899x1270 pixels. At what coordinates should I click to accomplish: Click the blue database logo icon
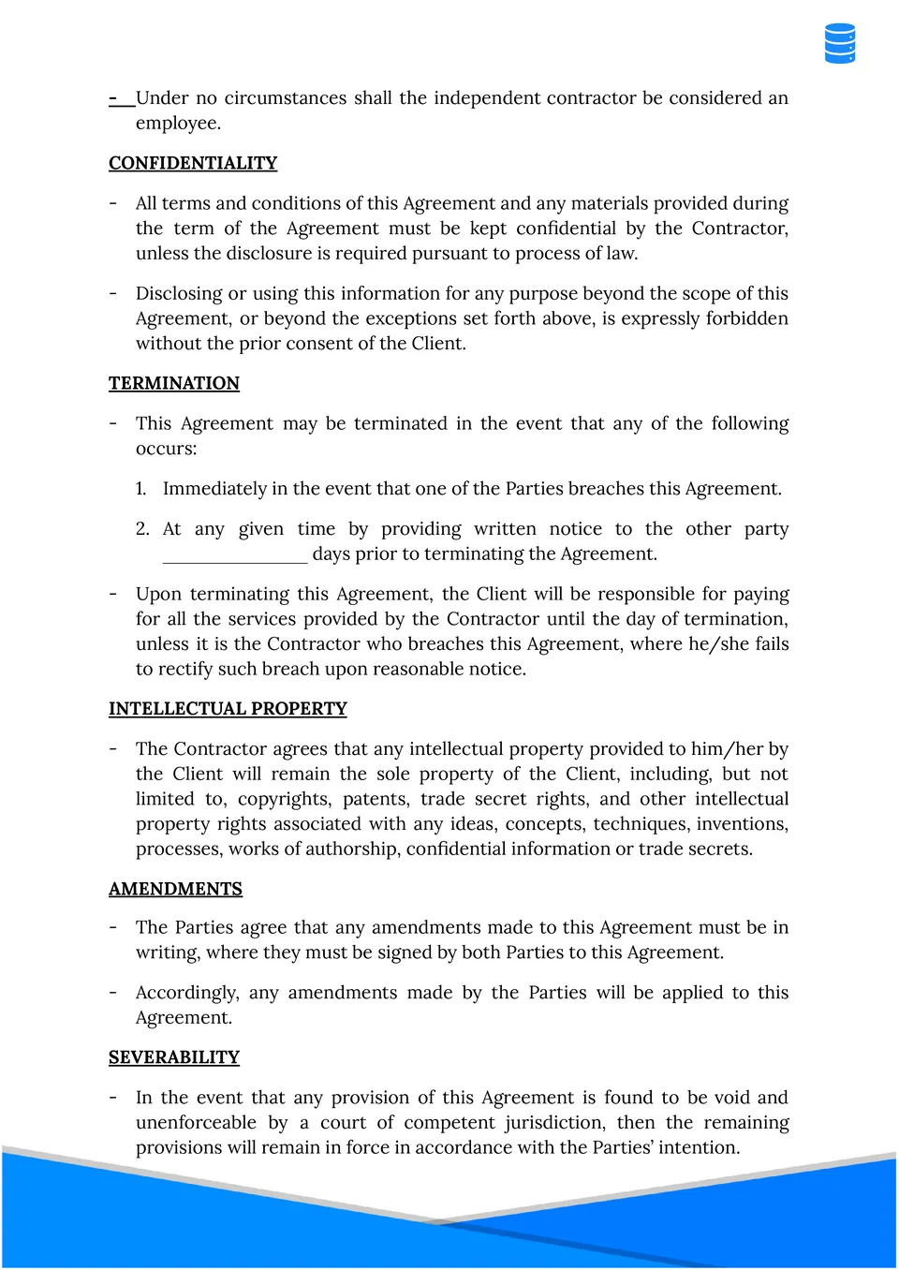(x=840, y=44)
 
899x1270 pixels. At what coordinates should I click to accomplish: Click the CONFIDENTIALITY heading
(x=193, y=163)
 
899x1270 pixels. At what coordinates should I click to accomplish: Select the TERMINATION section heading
(x=174, y=383)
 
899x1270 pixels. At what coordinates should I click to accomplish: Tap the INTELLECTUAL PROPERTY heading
(x=228, y=709)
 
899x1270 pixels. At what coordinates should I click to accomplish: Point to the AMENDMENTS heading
(x=175, y=889)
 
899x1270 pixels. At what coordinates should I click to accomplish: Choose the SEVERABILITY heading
(x=174, y=1057)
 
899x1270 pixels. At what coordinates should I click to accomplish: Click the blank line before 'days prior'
(x=235, y=555)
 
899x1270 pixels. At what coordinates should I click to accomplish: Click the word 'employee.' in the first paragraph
(x=178, y=124)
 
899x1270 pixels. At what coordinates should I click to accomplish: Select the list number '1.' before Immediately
(x=141, y=489)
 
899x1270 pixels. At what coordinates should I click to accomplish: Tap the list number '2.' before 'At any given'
(x=142, y=529)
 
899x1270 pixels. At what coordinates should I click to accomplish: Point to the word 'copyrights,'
(x=284, y=799)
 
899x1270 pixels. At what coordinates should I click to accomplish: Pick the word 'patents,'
(x=376, y=799)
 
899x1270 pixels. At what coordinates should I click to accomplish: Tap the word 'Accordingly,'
(x=187, y=993)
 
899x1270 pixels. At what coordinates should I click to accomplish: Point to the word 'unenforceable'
(x=196, y=1123)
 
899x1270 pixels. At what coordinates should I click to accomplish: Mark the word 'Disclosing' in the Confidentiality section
(x=179, y=294)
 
